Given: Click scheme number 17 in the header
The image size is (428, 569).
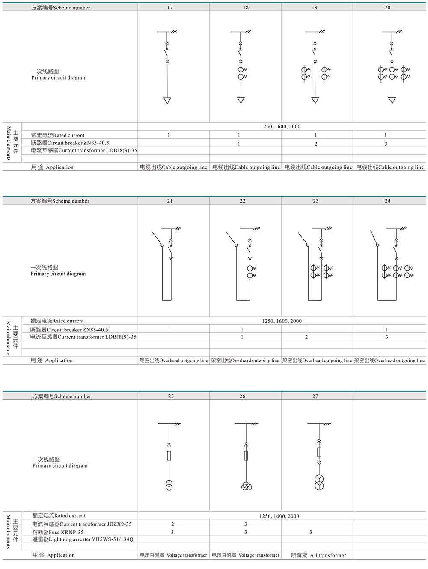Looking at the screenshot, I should click(170, 7).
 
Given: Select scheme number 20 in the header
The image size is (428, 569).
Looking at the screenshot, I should click(387, 7).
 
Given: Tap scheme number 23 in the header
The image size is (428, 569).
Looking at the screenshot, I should click(315, 201).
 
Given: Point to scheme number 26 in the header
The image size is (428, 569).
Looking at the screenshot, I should click(242, 396).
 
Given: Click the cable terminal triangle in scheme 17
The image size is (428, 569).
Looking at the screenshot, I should click(167, 100).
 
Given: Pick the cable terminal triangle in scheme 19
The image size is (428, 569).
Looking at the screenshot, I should click(315, 100).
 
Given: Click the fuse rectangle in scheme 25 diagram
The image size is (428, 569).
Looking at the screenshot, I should click(169, 455).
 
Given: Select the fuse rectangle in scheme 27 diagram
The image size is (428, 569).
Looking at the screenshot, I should click(319, 452).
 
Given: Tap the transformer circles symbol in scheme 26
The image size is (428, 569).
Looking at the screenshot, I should click(246, 486).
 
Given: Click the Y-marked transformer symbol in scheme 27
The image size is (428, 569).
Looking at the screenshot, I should click(319, 482).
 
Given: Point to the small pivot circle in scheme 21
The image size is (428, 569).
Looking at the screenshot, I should click(162, 245).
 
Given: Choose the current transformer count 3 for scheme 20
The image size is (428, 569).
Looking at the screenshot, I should click(386, 143).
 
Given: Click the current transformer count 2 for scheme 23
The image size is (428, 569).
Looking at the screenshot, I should click(306, 337).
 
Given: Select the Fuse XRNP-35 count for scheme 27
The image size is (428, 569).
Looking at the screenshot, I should click(311, 532).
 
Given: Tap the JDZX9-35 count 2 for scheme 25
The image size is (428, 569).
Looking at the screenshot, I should click(172, 524).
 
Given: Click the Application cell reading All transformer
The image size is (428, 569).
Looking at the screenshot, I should click(318, 555).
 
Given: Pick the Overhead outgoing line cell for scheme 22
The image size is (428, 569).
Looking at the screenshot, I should click(245, 360).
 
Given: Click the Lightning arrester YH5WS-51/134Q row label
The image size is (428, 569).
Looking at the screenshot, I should click(83, 539).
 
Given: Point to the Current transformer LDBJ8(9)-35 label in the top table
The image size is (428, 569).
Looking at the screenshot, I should click(84, 150).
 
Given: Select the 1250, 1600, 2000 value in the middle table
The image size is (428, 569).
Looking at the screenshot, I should click(282, 321).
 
